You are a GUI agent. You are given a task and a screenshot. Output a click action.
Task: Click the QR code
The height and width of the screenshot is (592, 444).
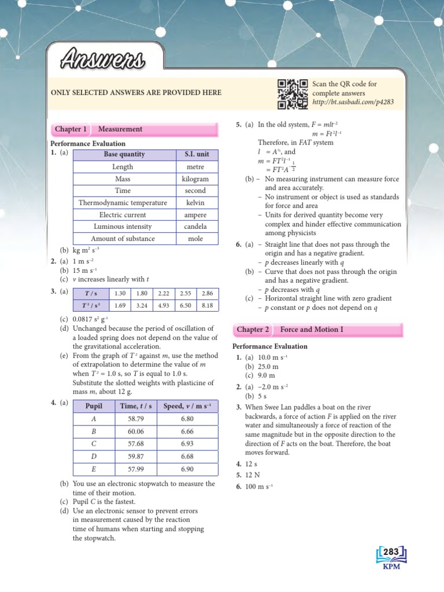292,94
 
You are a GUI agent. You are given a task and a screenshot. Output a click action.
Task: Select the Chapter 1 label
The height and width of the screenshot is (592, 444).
71,129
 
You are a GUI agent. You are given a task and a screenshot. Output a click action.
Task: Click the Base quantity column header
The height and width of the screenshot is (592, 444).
124,154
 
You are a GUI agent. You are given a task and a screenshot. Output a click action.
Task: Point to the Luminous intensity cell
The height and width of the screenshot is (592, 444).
124,227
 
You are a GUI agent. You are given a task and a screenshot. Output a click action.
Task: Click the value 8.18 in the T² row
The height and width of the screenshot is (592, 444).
207,305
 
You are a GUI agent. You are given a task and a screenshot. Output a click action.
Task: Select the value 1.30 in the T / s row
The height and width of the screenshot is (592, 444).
120,293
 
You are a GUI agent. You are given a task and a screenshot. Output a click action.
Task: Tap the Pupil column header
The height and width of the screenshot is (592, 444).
93,406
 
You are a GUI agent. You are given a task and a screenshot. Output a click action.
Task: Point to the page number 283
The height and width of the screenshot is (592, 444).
391,553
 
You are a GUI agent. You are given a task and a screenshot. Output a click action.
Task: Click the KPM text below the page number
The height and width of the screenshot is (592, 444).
391,566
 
